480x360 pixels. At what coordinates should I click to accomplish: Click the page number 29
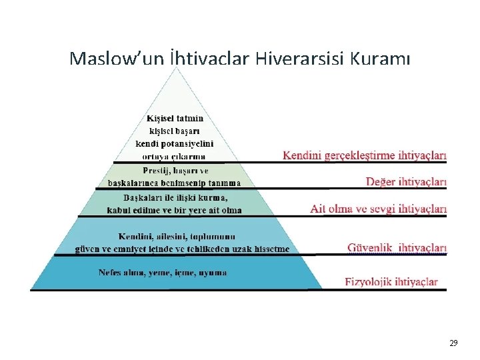tap(453, 343)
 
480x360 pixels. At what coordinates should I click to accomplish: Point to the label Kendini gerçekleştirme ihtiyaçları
tap(365, 155)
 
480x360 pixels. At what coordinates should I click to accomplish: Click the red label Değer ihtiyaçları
tap(406, 181)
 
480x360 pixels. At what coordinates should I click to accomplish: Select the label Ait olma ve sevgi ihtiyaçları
tap(378, 209)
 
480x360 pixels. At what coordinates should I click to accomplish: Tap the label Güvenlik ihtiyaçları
tap(397, 248)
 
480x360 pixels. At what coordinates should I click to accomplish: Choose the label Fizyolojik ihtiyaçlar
tap(391, 281)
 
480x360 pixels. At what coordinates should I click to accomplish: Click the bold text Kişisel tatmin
tap(175, 119)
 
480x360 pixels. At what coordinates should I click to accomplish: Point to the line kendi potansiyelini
tap(175, 143)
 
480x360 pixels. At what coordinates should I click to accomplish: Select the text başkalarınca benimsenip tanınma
tap(175, 182)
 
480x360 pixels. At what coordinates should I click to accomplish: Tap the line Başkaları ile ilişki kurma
tap(175, 198)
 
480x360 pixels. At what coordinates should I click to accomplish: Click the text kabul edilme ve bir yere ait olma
tap(175, 210)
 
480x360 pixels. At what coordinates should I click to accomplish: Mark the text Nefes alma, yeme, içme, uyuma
tap(163, 273)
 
